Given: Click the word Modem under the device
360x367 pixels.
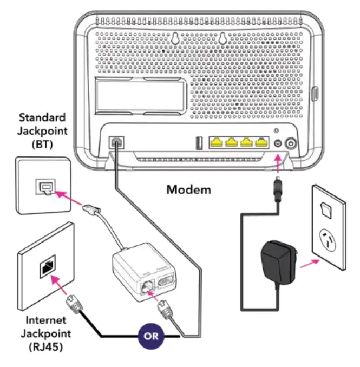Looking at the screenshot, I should point(189,190).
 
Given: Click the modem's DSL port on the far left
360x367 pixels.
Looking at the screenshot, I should point(116,142).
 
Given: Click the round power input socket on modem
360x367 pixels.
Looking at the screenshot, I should point(278,144).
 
